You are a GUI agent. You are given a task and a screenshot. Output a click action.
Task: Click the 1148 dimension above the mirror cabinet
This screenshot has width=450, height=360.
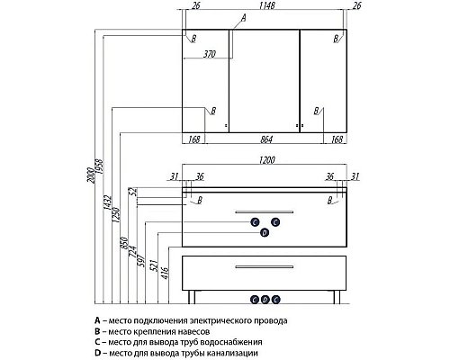pos(266,5)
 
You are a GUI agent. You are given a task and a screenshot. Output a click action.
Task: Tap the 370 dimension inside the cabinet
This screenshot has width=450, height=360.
pos(210,54)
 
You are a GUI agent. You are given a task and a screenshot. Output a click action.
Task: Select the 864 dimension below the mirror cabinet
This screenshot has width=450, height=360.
pos(266,139)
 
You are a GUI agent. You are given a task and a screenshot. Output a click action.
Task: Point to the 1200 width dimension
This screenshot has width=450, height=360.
pos(266,160)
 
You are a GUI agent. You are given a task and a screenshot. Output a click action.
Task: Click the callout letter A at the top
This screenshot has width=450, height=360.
pos(244,18)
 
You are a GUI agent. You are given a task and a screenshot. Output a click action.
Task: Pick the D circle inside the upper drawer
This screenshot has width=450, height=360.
pos(265,232)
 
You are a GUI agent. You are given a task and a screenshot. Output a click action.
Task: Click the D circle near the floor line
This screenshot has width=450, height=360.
pos(265,300)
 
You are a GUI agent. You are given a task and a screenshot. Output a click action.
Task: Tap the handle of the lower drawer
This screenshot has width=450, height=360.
pos(265,266)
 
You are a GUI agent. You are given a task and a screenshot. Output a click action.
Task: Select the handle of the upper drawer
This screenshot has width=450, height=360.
pos(265,212)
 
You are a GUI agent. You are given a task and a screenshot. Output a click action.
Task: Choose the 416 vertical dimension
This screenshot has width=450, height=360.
pos(166,273)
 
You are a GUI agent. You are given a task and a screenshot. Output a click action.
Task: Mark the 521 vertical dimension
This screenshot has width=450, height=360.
pos(153,265)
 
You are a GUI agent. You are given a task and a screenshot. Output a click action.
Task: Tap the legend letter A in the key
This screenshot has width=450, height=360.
pos(97,320)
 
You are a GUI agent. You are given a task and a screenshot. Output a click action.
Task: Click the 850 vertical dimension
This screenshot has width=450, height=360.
pos(124,243)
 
